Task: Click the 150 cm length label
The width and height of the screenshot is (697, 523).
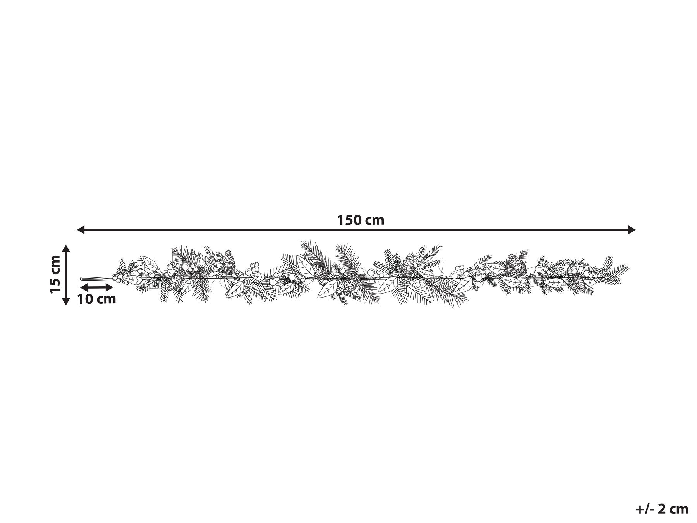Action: (x=361, y=220)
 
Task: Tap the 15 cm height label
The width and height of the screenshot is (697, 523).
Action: (x=55, y=274)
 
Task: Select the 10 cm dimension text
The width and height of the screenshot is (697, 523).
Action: (x=96, y=299)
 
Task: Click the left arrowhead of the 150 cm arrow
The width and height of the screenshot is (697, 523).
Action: (x=81, y=230)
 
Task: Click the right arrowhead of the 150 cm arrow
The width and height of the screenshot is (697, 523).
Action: (x=632, y=230)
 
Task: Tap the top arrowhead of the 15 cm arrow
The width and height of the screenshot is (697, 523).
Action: (x=66, y=249)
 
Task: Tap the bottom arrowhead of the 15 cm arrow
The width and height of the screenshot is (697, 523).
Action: (x=66, y=301)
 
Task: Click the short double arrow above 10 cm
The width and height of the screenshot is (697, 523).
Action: (x=96, y=287)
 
